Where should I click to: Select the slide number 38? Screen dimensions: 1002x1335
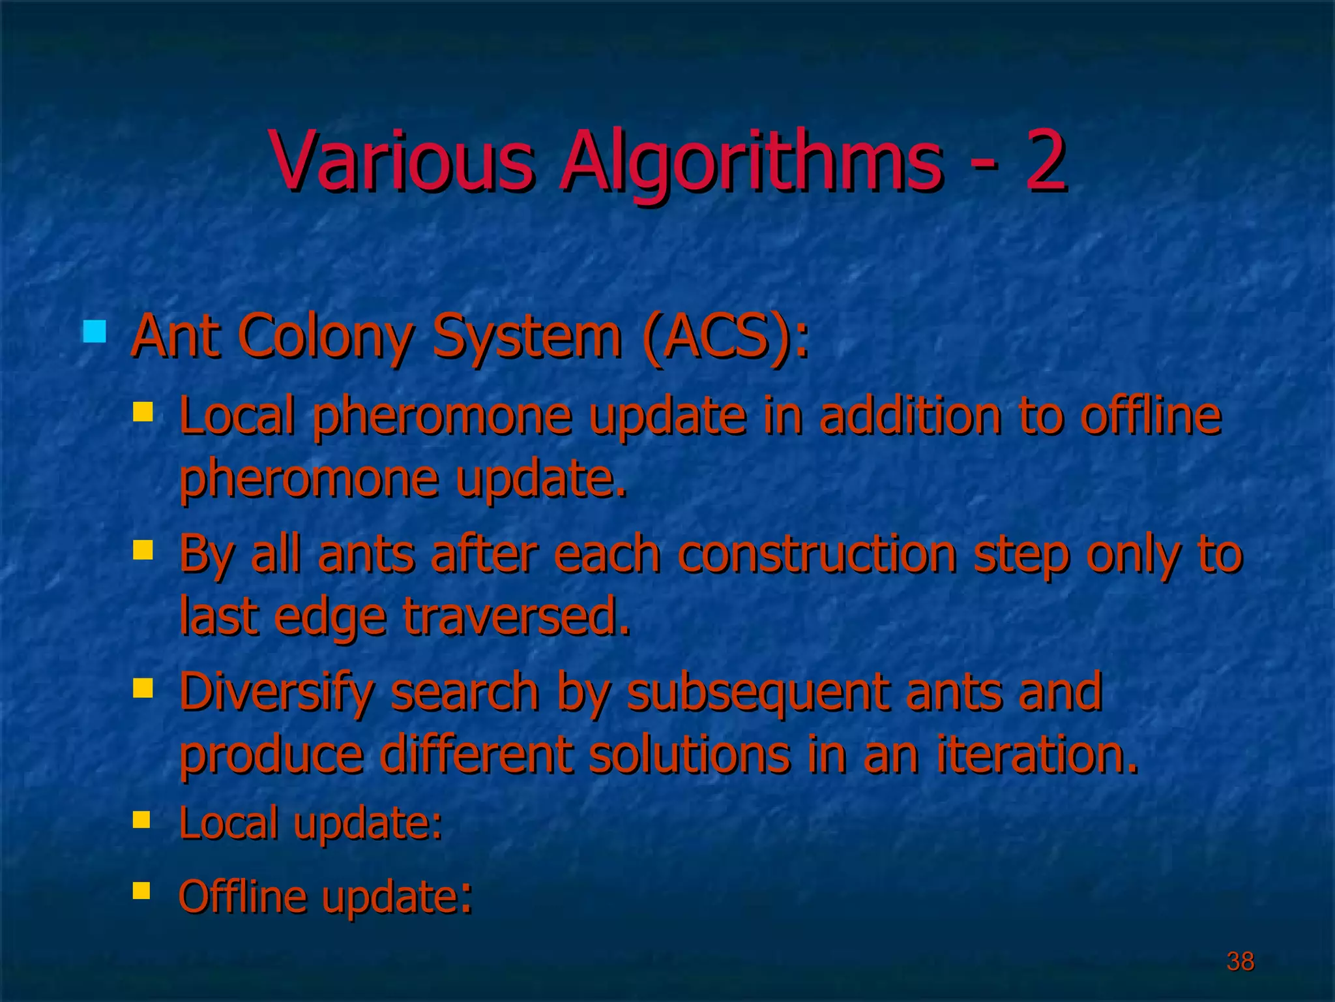(1240, 961)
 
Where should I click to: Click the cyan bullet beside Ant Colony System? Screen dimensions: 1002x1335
(95, 331)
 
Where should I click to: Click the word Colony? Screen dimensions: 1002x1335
(329, 337)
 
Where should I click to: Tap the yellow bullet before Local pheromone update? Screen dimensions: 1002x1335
(142, 412)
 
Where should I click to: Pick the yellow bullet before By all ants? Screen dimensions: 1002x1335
(142, 549)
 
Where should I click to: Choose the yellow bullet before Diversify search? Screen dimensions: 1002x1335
(142, 688)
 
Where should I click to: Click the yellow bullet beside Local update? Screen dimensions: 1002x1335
(141, 819)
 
